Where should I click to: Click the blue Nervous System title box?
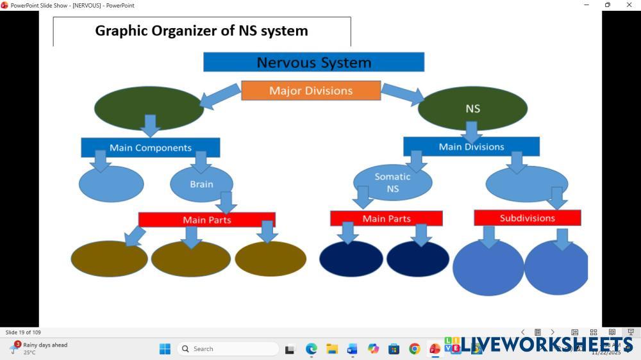pyautogui.click(x=313, y=62)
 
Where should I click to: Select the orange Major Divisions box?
pyautogui.click(x=311, y=90)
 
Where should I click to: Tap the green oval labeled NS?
pyautogui.click(x=472, y=109)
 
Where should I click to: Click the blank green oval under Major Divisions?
pyautogui.click(x=149, y=108)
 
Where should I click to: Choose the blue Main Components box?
pyautogui.click(x=150, y=147)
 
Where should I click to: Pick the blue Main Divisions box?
pyautogui.click(x=471, y=147)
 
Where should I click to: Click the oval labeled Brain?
pyautogui.click(x=201, y=184)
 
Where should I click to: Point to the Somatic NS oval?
pyautogui.click(x=392, y=183)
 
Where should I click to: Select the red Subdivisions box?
pyautogui.click(x=527, y=218)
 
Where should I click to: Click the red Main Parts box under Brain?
pyautogui.click(x=206, y=220)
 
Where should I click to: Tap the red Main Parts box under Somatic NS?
pyautogui.click(x=386, y=218)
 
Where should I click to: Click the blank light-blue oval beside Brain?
pyautogui.click(x=111, y=184)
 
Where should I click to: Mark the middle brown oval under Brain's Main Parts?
pyautogui.click(x=190, y=259)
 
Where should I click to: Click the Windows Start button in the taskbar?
pyautogui.click(x=165, y=348)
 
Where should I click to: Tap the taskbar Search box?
pyautogui.click(x=228, y=348)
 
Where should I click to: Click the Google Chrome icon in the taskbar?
pyautogui.click(x=415, y=348)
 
